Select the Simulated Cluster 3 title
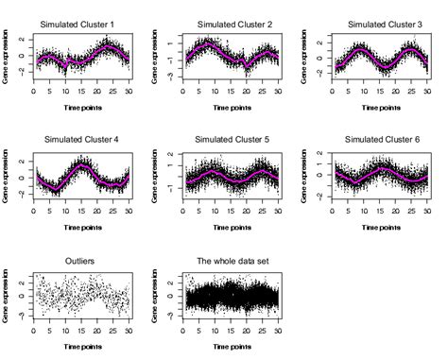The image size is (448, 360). click(383, 24)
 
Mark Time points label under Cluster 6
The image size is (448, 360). click(383, 227)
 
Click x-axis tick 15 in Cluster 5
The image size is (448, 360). click(233, 210)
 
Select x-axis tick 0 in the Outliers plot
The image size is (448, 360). click(34, 329)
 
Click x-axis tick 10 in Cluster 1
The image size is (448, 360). click(65, 92)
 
